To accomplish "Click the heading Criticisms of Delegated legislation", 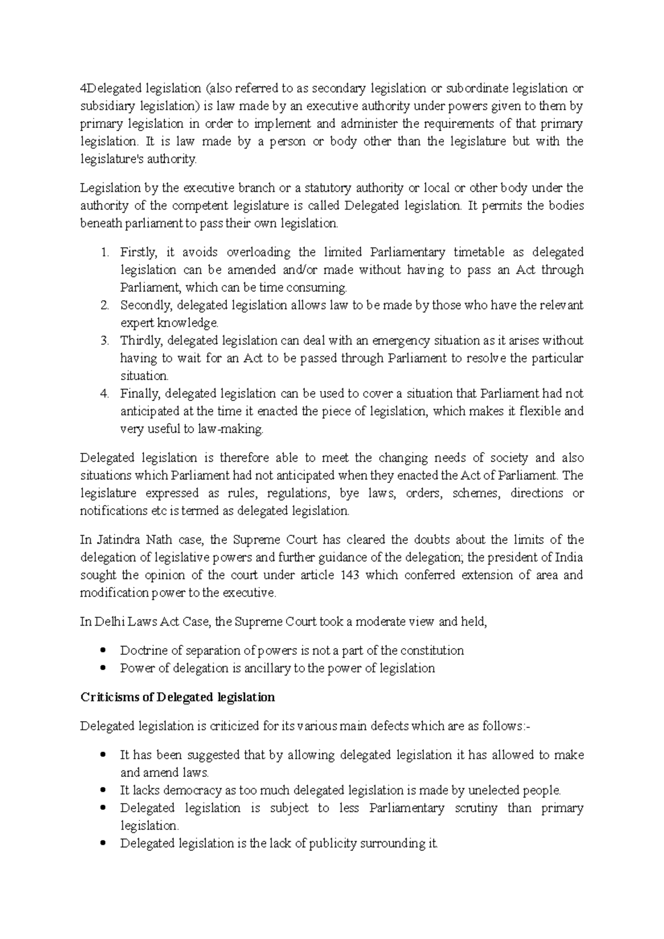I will (x=178, y=697).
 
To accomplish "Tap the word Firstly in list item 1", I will (x=139, y=253).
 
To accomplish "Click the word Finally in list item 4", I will (x=140, y=394).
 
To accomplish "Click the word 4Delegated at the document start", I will (x=111, y=88).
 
